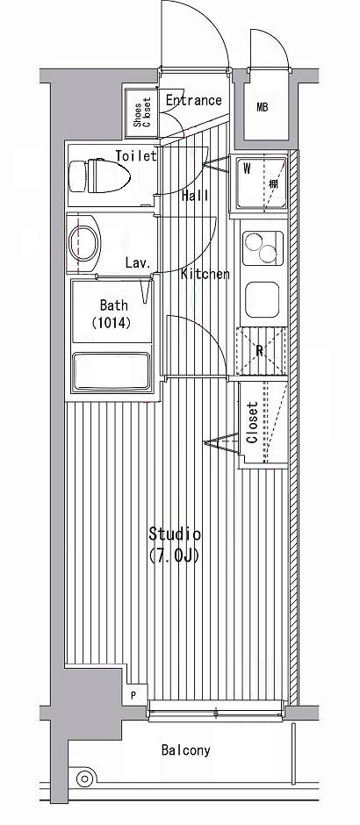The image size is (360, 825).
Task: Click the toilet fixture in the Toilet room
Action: [100, 176]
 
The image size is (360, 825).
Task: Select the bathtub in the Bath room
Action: [111, 371]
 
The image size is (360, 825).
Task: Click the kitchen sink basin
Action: [263, 299]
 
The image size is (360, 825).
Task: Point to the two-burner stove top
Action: [263, 247]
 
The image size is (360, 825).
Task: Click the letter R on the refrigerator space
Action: [259, 352]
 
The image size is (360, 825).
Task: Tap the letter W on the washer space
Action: [247, 169]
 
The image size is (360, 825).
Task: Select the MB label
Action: [263, 108]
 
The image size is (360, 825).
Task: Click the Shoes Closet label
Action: [141, 112]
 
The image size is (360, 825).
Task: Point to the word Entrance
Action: [194, 101]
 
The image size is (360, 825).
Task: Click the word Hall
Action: [195, 196]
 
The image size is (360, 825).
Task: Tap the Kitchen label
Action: [205, 274]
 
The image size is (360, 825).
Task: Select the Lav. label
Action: [139, 262]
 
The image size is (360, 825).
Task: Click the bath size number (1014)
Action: [111, 322]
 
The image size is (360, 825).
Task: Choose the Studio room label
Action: [174, 534]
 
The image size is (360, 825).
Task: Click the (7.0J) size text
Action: [174, 555]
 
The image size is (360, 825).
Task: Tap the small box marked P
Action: [133, 695]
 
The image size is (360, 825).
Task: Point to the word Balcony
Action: [186, 750]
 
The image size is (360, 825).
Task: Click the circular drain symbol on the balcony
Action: [84, 778]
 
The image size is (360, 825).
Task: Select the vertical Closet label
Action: [252, 422]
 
